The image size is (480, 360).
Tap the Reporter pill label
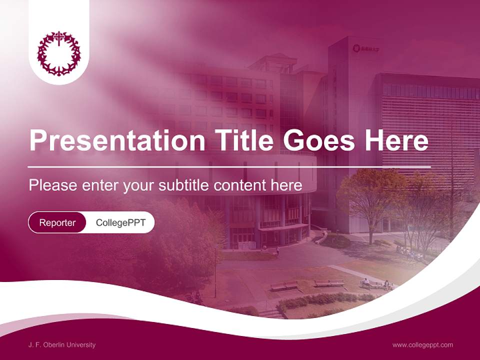coord(57,222)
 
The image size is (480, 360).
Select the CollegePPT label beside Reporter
coord(120,222)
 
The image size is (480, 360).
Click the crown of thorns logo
coord(59,53)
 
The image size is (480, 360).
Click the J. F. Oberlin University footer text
coord(62,345)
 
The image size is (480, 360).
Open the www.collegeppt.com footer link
coord(422,345)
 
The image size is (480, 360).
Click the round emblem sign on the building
coord(356,48)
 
